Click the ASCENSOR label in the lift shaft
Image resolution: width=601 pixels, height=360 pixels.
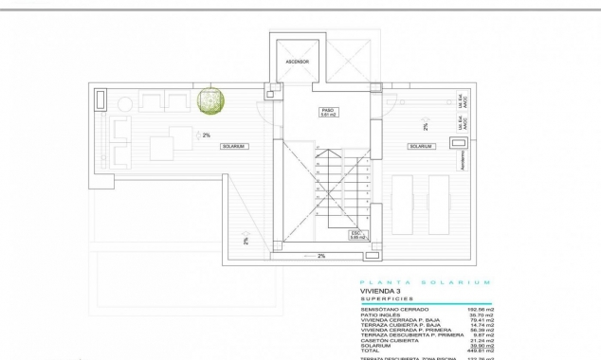pos(298,62)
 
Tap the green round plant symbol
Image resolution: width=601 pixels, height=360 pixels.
pos(209,99)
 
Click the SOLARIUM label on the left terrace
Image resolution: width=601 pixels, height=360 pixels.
pos(233,147)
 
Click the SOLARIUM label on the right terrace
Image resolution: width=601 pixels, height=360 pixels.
pos(421,147)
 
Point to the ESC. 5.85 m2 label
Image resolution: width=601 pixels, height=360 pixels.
pos(357,234)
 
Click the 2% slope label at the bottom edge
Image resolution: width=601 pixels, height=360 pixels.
pos(320,256)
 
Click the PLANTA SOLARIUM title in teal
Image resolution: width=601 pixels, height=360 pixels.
pos(425,282)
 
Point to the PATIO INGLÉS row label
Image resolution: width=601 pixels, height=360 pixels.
pos(379,315)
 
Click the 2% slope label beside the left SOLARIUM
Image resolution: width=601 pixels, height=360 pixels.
pos(206,135)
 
